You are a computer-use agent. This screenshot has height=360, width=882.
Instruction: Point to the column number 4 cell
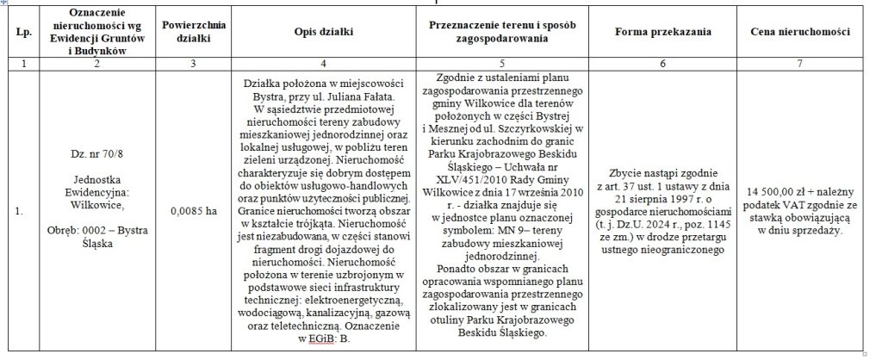pyautogui.click(x=323, y=64)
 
